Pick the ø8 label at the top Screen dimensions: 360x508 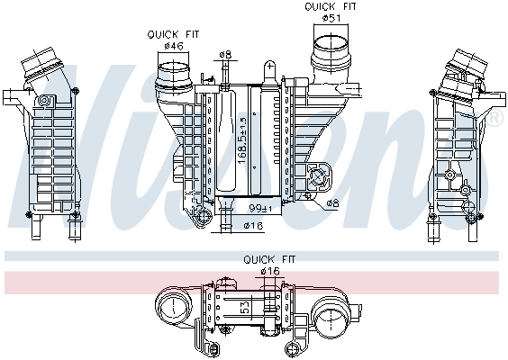(225, 54)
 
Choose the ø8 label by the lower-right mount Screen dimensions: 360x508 (332, 204)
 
